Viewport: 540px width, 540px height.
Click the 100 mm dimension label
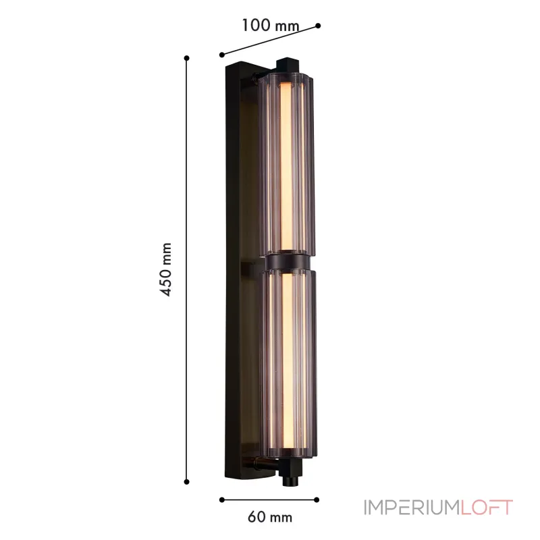tap(270, 26)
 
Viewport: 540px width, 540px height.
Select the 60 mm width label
tap(270, 518)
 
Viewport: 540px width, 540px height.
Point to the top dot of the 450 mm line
tap(187, 58)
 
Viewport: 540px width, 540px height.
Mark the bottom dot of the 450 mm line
tap(187, 481)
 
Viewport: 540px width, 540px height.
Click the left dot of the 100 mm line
tap(222, 54)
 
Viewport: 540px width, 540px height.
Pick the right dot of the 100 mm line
tap(318, 26)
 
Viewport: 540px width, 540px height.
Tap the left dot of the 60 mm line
tap(222, 500)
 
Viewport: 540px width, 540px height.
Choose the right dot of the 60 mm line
tap(318, 500)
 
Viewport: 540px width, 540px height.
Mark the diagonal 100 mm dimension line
tap(270, 40)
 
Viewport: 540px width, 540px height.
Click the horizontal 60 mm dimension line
tap(270, 500)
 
